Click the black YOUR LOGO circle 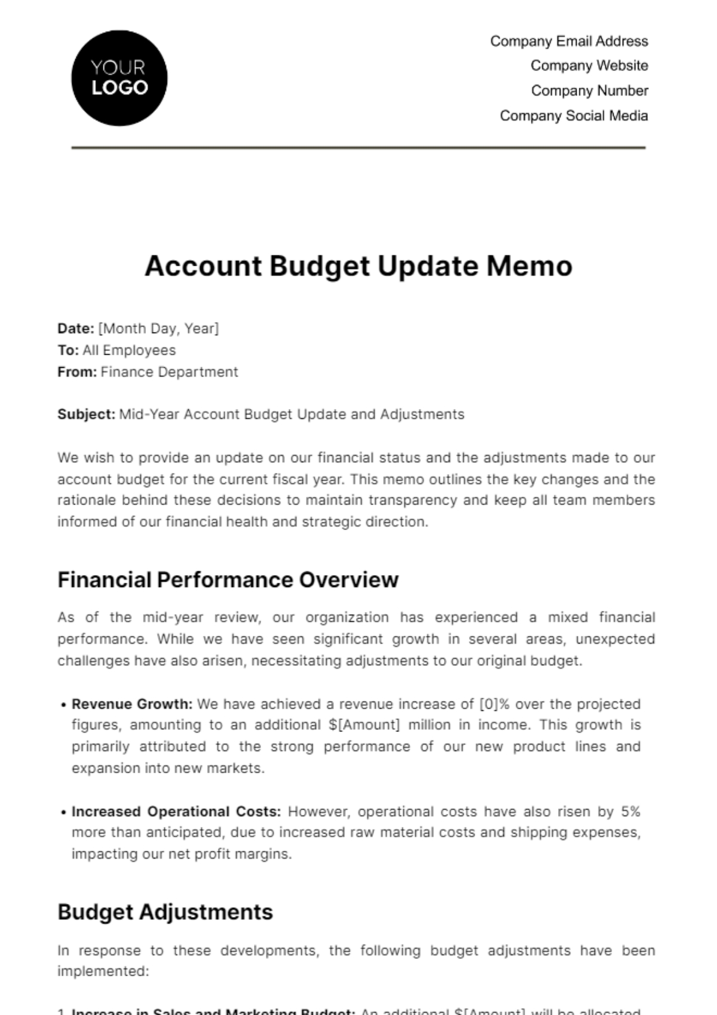[119, 78]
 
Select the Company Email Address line [569, 41]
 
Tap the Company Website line [589, 66]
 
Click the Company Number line [589, 91]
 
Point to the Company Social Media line [574, 116]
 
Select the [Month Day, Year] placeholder [158, 328]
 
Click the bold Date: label [75, 328]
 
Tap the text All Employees [129, 350]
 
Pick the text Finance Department [169, 372]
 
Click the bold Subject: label [86, 414]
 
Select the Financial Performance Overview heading [228, 580]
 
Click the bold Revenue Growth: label [132, 704]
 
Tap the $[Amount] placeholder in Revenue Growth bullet [364, 725]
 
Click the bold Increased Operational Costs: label [176, 811]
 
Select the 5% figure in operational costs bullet [630, 811]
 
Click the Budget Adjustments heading [165, 912]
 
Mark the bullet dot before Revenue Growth [63, 705]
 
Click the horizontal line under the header [358, 147]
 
